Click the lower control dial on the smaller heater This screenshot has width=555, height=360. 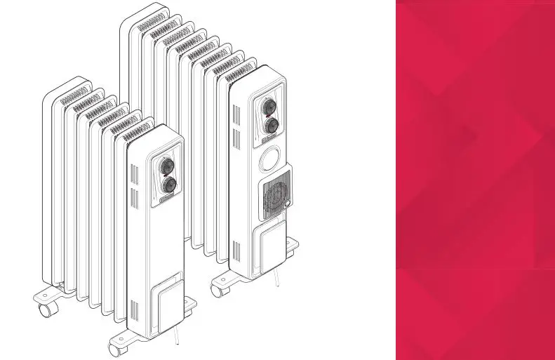169,185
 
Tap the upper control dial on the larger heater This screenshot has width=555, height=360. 267,107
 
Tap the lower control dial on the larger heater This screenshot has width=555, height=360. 269,126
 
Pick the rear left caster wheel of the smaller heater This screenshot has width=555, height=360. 46,308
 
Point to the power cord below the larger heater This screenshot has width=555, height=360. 279,277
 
